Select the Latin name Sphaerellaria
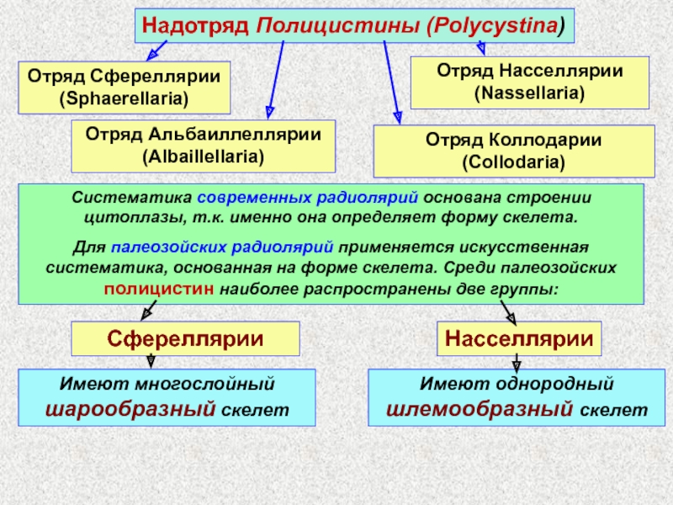[x=123, y=98]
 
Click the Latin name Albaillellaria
[x=203, y=157]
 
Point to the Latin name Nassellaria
[x=529, y=93]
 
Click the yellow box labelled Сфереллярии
[x=184, y=338]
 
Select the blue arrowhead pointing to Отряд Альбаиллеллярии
[x=268, y=110]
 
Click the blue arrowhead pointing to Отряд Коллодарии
[x=397, y=117]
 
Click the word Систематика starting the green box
[x=131, y=199]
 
